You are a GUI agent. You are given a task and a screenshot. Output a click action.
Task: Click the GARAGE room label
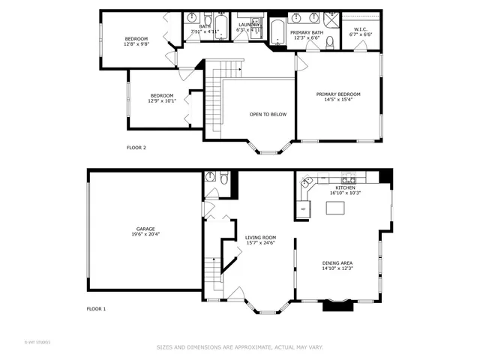(145, 229)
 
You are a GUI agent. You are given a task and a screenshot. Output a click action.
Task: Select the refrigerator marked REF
(304, 208)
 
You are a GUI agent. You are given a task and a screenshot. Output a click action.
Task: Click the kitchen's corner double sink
(306, 181)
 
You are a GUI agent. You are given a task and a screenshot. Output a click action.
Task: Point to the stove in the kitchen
(348, 179)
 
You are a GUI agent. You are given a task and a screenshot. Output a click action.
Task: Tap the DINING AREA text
(337, 262)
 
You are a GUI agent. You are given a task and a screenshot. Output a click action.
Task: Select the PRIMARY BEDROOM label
(337, 94)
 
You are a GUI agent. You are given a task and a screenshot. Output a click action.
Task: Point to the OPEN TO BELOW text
(268, 114)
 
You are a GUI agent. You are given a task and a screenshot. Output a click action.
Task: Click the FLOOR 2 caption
(136, 148)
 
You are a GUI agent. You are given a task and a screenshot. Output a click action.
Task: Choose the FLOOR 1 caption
(96, 309)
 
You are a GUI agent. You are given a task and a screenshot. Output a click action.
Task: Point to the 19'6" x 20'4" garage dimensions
(145, 234)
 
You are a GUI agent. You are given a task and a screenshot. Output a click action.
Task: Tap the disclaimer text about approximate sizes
(239, 347)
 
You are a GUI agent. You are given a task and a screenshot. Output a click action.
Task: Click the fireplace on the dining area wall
(337, 304)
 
